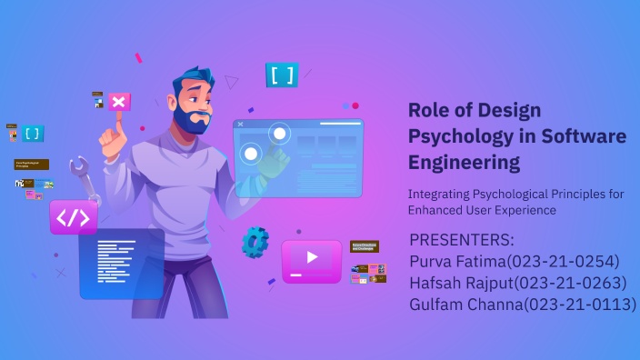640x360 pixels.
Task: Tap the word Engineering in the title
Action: click(465, 163)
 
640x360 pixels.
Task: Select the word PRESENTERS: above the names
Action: click(462, 240)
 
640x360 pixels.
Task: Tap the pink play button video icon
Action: click(311, 258)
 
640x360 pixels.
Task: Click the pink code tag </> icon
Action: click(74, 218)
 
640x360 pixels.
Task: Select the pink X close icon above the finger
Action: click(119, 102)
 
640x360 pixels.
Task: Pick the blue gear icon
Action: click(255, 241)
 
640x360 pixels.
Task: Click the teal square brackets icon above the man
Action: click(282, 75)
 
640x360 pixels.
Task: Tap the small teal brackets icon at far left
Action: click(33, 134)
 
